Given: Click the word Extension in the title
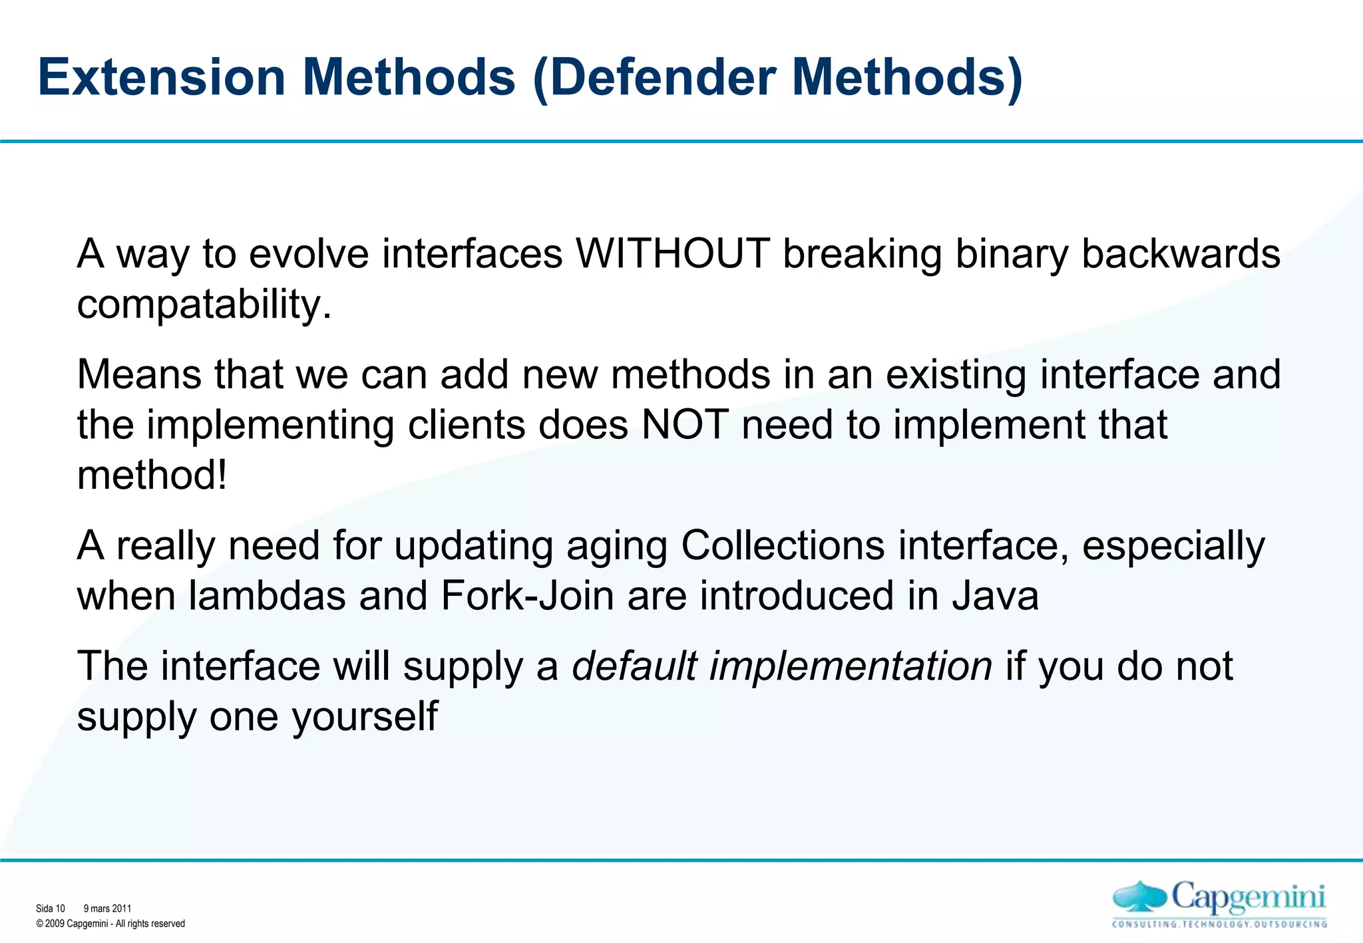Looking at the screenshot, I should (162, 77).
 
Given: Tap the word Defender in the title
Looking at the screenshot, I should (663, 77).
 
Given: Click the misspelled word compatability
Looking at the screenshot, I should (204, 305).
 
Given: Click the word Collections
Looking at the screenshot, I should (783, 545).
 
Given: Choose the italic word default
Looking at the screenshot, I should (634, 666).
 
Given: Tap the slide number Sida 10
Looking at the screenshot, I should (51, 908).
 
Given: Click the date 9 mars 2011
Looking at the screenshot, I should (107, 908).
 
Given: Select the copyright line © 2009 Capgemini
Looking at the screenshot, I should (110, 924).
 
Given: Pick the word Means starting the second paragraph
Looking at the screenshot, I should (139, 374).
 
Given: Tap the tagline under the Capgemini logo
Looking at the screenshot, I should (1219, 924).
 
